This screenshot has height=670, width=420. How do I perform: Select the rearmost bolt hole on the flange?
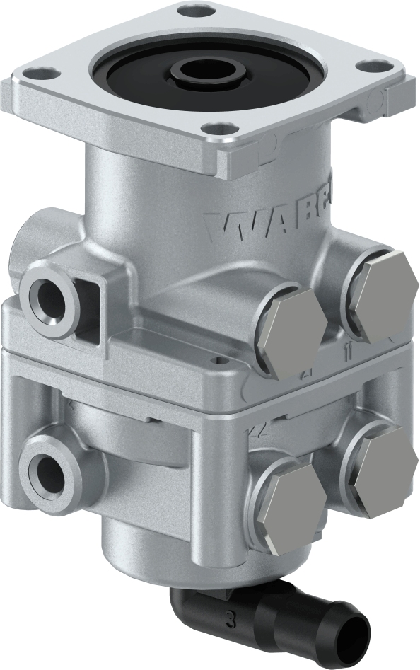197,12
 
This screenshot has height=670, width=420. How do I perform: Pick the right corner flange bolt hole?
370,66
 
